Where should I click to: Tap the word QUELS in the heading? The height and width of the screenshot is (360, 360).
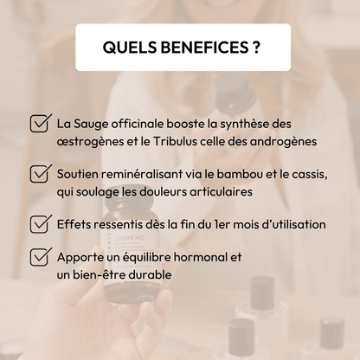click(130, 48)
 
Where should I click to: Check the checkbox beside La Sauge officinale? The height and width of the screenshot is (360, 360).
click(41, 123)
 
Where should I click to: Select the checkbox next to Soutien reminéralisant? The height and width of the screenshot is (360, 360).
click(41, 173)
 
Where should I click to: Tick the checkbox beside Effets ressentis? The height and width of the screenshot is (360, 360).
click(41, 223)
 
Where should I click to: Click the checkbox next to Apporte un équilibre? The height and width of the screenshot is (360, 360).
click(41, 256)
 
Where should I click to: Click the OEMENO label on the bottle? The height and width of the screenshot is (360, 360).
click(125, 238)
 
